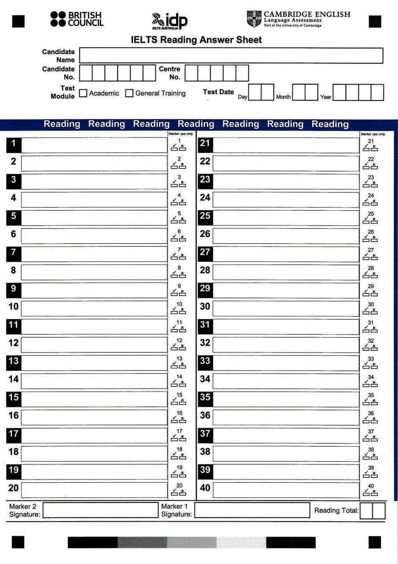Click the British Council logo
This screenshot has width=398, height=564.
tap(77, 19)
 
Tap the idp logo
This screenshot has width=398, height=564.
tap(170, 21)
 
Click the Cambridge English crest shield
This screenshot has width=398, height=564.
tap(254, 19)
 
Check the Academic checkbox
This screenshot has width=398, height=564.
tap(83, 93)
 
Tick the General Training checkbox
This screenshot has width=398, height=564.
tap(129, 93)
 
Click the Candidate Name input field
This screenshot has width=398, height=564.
tap(231, 56)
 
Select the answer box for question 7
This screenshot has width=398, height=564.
tap(94, 254)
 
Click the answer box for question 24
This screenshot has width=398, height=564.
tap(286, 200)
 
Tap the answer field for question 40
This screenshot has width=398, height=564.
tap(286, 490)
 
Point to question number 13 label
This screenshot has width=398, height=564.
tap(14, 361)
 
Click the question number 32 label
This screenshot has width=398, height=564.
tap(205, 343)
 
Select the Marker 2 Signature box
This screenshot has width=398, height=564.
tap(100, 510)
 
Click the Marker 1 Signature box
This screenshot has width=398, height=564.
tap(252, 510)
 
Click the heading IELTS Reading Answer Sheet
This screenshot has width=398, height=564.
tap(196, 40)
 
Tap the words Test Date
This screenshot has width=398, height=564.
tap(218, 92)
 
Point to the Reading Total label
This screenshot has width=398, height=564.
tap(336, 511)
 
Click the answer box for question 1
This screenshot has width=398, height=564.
tap(94, 145)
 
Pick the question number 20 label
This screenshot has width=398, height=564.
tap(14, 488)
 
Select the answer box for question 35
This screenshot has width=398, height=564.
tap(286, 399)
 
